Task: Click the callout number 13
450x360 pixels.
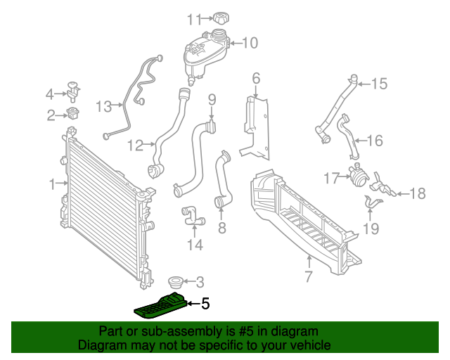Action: click(104, 107)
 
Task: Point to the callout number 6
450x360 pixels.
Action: click(256, 78)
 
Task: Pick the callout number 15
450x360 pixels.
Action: click(379, 84)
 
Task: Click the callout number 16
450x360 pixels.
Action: click(375, 141)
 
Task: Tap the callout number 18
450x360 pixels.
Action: click(418, 193)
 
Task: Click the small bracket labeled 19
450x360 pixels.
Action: click(373, 204)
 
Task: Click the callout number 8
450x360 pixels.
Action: click(221, 227)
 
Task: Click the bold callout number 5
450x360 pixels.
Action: click(205, 304)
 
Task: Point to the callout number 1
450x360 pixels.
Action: click(52, 184)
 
